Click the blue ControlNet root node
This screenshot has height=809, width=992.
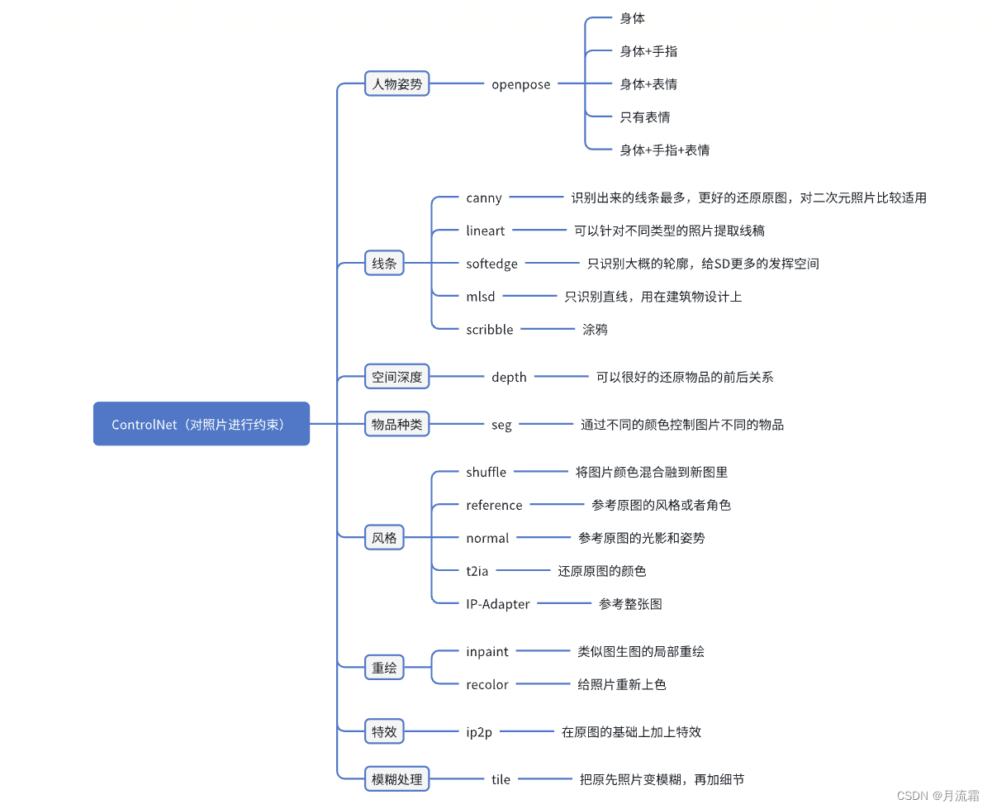click(x=201, y=424)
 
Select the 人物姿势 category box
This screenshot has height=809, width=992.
click(x=396, y=83)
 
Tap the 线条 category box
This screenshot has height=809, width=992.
click(x=384, y=264)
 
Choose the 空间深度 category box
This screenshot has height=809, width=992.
click(x=396, y=377)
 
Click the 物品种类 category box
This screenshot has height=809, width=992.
click(x=396, y=425)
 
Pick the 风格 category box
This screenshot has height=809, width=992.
click(x=384, y=538)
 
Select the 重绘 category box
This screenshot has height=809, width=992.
click(x=384, y=668)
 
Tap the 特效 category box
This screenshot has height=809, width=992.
click(x=384, y=731)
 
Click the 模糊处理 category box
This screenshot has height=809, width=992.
click(x=396, y=779)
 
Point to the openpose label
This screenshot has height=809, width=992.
click(x=520, y=84)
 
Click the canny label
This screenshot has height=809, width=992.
click(x=483, y=198)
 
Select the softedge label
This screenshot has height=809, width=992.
click(x=491, y=264)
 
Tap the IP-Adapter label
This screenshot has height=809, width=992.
click(x=497, y=604)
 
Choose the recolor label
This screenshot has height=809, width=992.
click(x=487, y=684)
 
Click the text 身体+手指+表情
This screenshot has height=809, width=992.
click(x=664, y=150)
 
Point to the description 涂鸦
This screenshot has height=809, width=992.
click(x=595, y=329)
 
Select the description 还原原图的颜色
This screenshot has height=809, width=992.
click(x=601, y=571)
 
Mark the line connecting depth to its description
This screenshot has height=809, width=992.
click(x=561, y=377)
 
